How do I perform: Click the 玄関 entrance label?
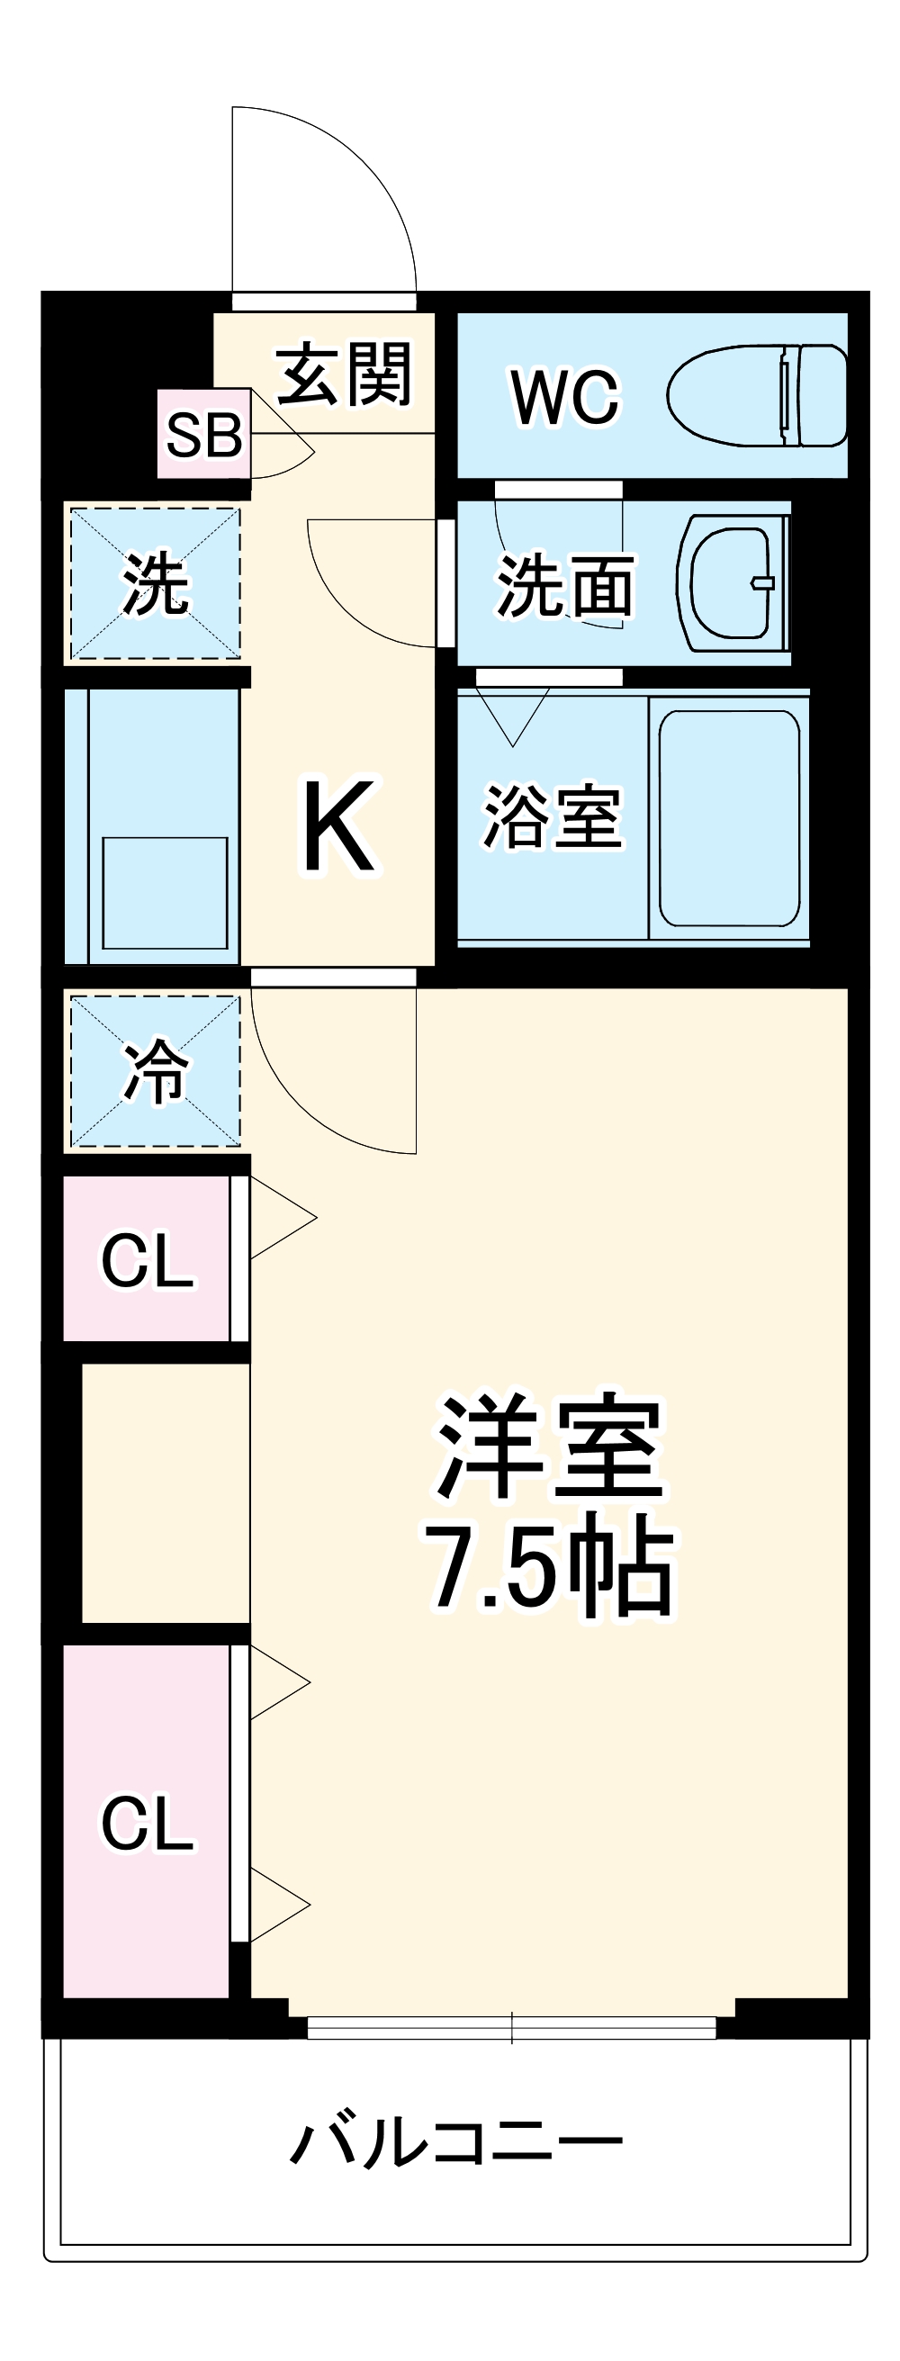click(344, 374)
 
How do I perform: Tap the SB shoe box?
click(203, 434)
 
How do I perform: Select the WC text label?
click(564, 397)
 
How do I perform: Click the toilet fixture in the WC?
click(757, 396)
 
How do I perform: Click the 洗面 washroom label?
click(564, 586)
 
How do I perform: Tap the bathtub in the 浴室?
click(729, 818)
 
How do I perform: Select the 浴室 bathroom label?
click(552, 816)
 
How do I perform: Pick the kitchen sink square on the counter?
click(165, 893)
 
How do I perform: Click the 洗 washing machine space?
click(155, 584)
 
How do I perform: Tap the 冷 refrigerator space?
click(155, 1070)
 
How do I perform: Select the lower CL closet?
click(147, 1823)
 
